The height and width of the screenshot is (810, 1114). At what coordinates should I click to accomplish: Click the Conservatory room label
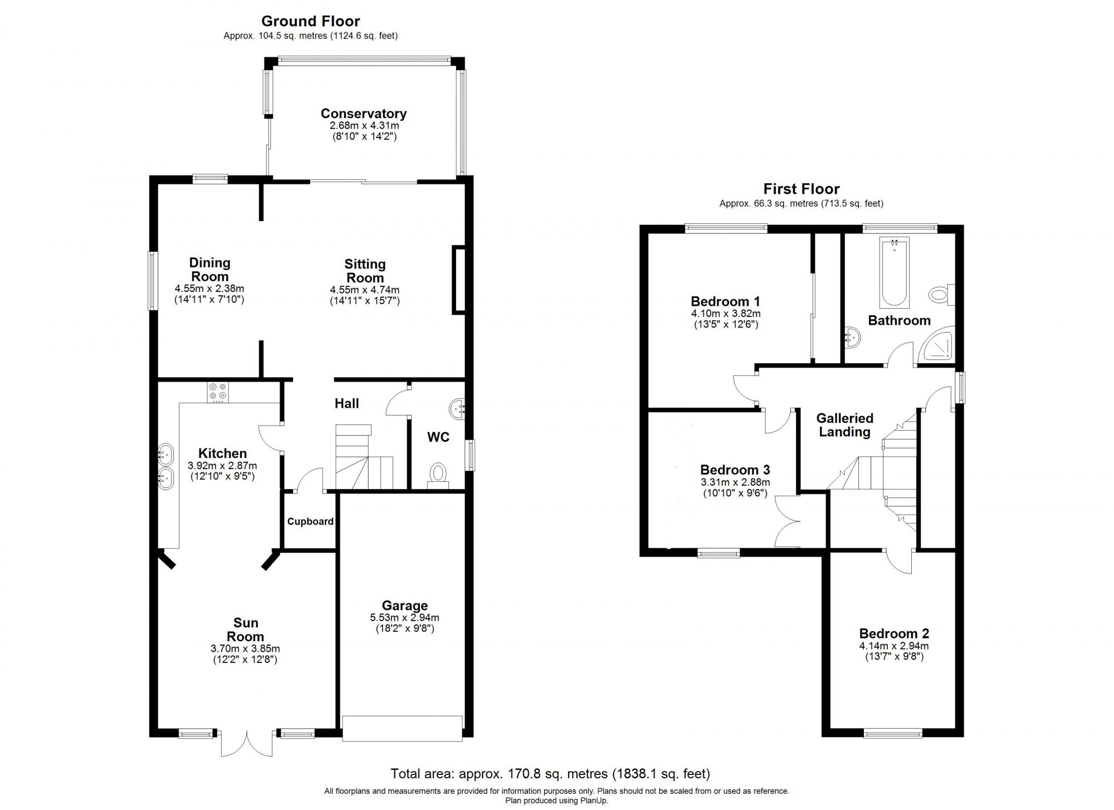point(363,114)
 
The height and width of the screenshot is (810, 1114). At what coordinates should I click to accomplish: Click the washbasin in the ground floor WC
point(457,409)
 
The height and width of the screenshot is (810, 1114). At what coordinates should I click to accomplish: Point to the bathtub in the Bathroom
point(894,273)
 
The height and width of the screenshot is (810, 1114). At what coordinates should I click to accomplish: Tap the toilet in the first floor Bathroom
point(941,294)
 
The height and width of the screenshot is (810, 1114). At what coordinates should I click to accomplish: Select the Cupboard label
point(310,521)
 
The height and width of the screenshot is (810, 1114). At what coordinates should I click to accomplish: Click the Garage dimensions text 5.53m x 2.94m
point(404,617)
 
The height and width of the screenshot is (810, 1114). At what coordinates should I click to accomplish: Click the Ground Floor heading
point(310,21)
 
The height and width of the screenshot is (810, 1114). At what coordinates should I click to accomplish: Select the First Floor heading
point(801,189)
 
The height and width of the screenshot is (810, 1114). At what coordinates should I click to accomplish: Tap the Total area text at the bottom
point(550,773)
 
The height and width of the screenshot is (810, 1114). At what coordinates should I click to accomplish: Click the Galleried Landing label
point(844,425)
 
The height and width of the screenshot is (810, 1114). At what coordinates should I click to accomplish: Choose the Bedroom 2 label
point(894,633)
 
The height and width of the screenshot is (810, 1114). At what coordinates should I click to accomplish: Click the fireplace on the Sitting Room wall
point(458,280)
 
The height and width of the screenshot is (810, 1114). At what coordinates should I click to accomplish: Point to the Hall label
point(346,403)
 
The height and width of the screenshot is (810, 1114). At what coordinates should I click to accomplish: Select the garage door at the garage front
point(402,729)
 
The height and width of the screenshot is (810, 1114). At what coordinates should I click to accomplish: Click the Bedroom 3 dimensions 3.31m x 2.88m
point(735,482)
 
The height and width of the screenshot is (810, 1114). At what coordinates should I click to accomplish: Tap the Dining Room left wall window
point(152,281)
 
